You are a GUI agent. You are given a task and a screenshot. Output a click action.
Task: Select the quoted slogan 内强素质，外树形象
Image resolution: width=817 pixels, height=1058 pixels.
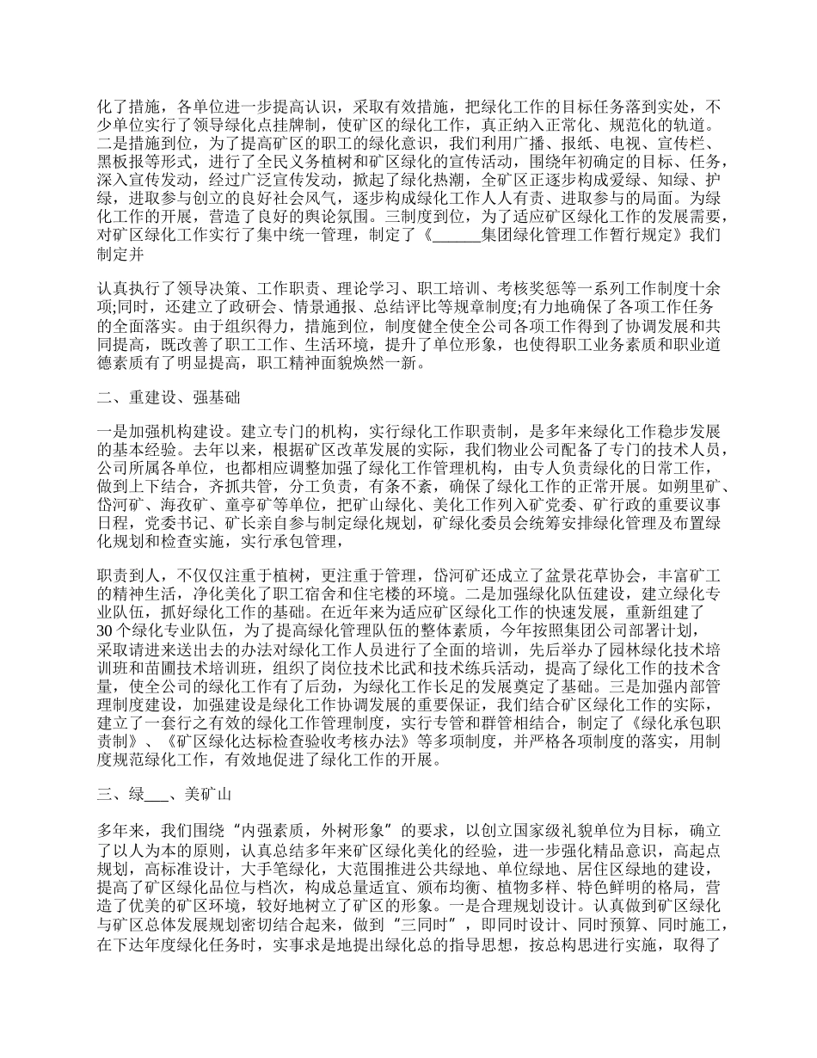pyautogui.click(x=270, y=830)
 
